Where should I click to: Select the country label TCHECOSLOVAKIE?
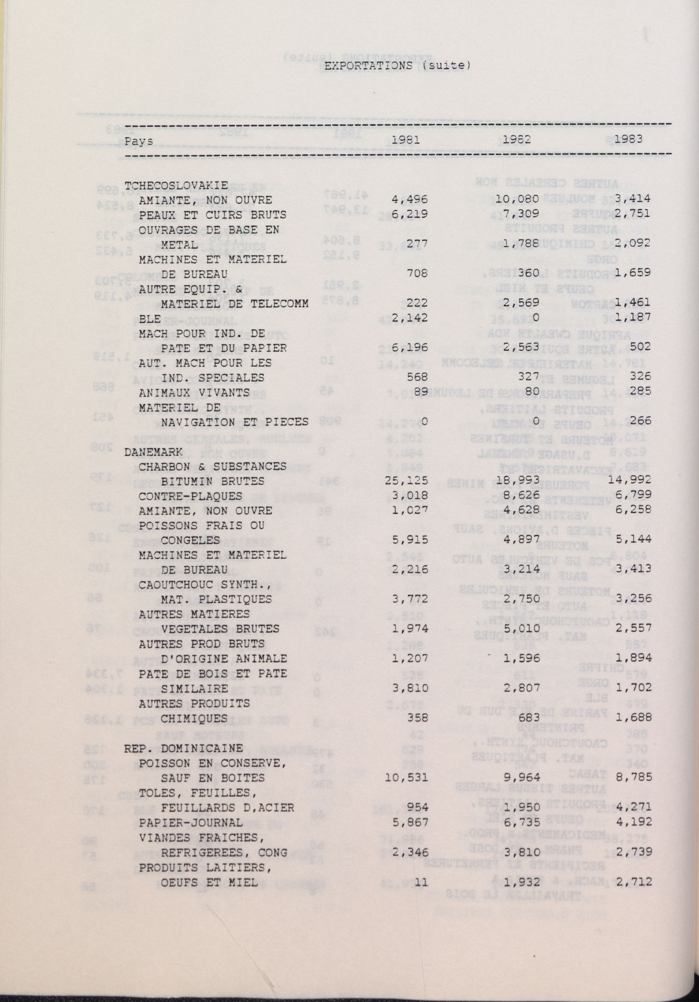[176, 185]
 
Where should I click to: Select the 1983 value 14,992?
[630, 481]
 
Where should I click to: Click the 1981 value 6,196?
[409, 348]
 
